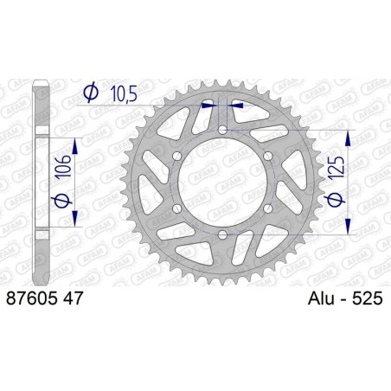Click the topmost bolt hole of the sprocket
(x=222, y=130)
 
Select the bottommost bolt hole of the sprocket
(x=222, y=235)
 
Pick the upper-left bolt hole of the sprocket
(x=176, y=157)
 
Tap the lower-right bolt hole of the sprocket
(x=268, y=208)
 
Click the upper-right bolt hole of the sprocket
(x=268, y=157)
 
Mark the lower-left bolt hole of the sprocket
(x=176, y=208)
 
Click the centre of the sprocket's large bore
(x=222, y=183)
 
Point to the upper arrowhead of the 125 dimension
(x=349, y=136)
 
